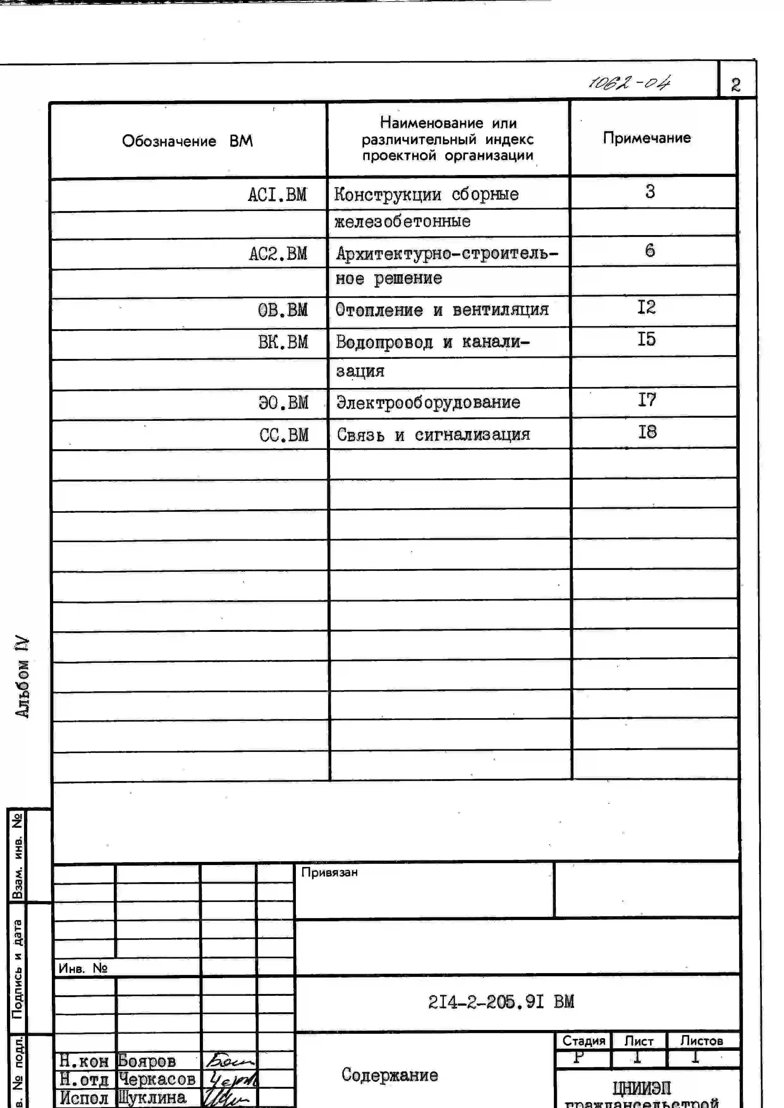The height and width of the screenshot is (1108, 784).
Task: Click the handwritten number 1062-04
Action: [x=629, y=83]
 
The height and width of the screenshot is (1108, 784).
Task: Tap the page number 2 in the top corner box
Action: [x=736, y=85]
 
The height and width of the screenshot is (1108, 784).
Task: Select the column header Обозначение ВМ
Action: [x=187, y=141]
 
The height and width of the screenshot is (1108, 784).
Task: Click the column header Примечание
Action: [x=647, y=138]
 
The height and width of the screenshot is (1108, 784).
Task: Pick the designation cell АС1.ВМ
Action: [x=277, y=195]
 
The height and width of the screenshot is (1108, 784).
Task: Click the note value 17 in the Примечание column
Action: [x=647, y=400]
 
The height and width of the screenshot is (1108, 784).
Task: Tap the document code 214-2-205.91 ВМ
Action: [x=501, y=1002]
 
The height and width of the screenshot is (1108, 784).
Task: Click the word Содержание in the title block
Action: [x=389, y=1075]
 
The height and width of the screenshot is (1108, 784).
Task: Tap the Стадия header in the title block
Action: [x=584, y=1041]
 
